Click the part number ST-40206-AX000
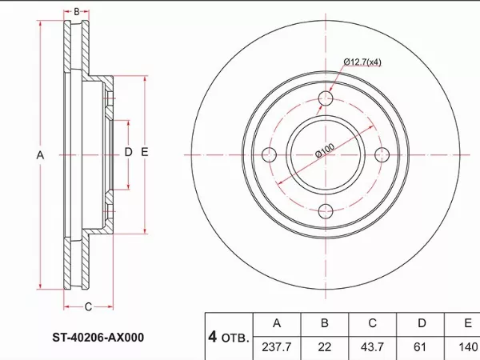click(x=98, y=338)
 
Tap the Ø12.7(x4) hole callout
click(x=362, y=62)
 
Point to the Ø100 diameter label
click(x=325, y=150)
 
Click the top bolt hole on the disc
click(x=326, y=98)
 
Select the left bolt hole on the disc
click(x=270, y=154)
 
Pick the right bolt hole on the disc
click(x=382, y=154)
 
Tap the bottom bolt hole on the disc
click(x=326, y=211)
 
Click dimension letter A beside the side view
click(x=40, y=155)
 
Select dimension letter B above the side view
click(x=77, y=12)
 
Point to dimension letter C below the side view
click(x=88, y=306)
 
